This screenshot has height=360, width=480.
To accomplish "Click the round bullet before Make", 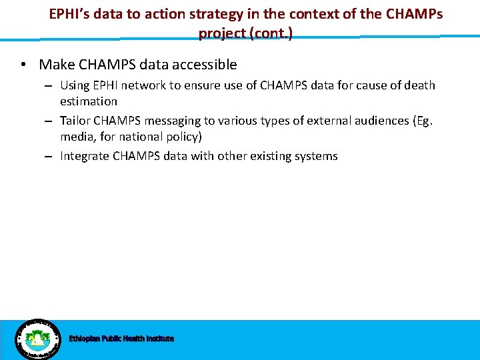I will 23,65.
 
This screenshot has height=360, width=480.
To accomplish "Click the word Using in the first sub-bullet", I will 75,85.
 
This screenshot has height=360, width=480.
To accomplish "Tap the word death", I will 419,85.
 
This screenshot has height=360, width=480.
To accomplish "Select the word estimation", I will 88,101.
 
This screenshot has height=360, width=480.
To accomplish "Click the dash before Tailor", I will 49,121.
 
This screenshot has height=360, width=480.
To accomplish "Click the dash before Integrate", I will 49,156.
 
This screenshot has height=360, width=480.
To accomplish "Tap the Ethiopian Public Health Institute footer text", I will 121,339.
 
